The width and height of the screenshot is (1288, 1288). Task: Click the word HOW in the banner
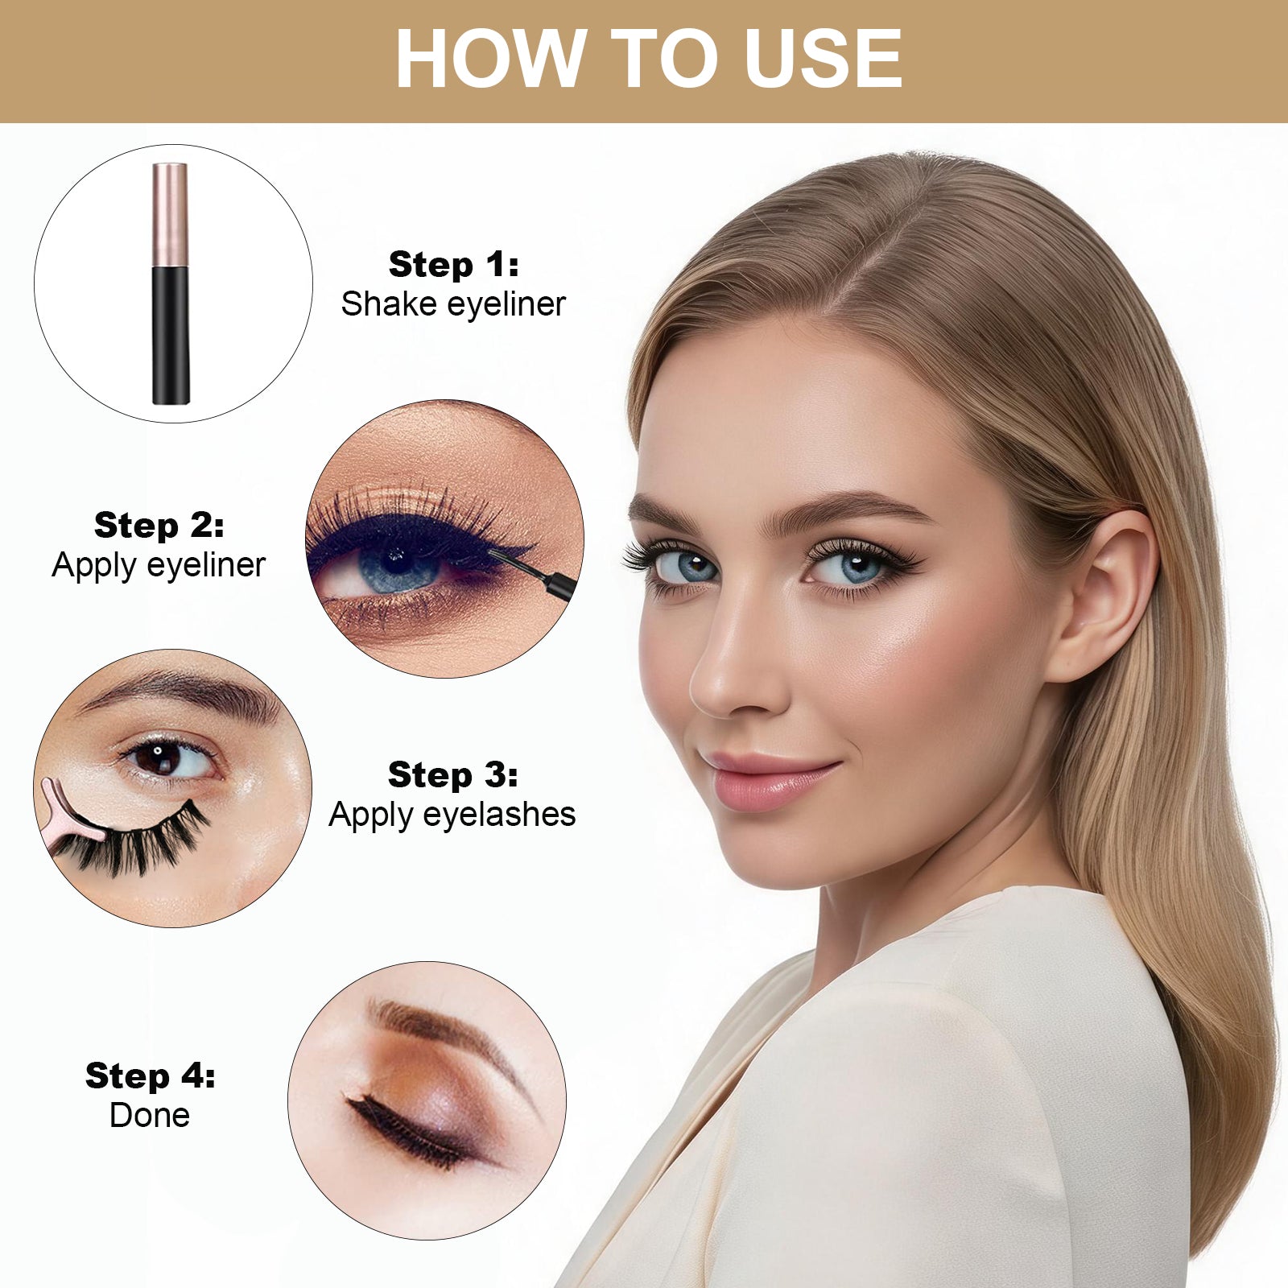(x=489, y=58)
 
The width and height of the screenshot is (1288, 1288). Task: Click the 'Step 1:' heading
(x=453, y=264)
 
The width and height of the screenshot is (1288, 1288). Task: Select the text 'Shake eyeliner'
(x=453, y=304)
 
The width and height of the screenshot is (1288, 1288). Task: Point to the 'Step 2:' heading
(x=159, y=525)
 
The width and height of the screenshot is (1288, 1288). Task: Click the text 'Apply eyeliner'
(x=159, y=565)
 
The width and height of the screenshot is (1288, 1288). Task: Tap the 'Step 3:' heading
(x=452, y=774)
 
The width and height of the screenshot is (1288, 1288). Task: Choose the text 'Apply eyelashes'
(x=452, y=815)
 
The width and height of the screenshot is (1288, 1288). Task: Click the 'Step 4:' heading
(x=151, y=1075)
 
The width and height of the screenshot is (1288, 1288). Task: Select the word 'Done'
(x=150, y=1115)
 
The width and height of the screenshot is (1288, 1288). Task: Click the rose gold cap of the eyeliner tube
(x=170, y=215)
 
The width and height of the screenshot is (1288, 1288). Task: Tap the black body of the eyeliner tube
(x=171, y=336)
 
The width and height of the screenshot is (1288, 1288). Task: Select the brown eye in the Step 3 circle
(x=166, y=758)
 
